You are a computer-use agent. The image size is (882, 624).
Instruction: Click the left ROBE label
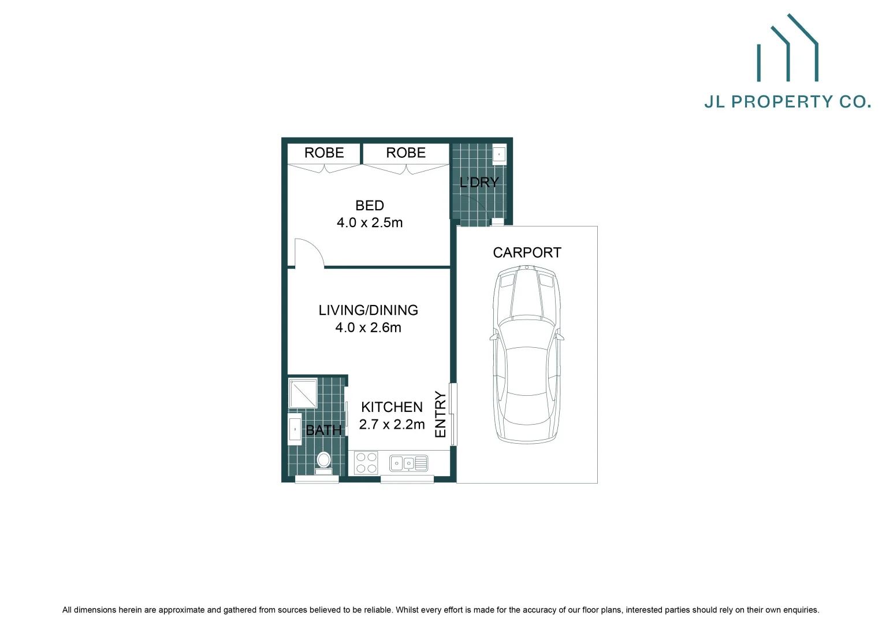[x=324, y=153]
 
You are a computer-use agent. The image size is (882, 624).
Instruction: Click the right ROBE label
[x=405, y=153]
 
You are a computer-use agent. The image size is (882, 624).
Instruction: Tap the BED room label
[x=370, y=206]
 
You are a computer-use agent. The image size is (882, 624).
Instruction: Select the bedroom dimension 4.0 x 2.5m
[x=370, y=222]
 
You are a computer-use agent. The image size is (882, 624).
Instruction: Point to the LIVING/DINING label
[x=369, y=310]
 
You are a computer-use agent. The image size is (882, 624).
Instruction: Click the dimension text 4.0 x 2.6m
[x=369, y=328]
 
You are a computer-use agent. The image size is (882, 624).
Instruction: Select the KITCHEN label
[x=392, y=407]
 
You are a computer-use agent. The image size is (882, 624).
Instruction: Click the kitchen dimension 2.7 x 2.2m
[x=392, y=424]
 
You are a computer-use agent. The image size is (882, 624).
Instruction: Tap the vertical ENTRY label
[x=440, y=414]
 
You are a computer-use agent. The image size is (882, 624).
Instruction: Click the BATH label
[x=323, y=430]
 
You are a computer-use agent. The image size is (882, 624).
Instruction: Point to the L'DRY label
[x=479, y=183]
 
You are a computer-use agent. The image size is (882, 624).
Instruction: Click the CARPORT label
[x=527, y=252]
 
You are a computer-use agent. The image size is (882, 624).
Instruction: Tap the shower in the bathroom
[x=303, y=393]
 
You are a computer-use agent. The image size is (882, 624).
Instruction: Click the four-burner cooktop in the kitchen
[x=366, y=463]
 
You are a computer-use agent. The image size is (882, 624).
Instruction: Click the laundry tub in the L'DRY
[x=499, y=155]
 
